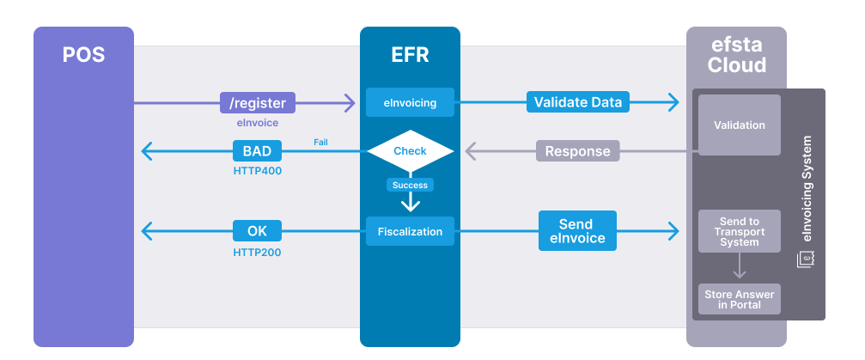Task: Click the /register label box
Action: [258, 103]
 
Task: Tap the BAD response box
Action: [257, 151]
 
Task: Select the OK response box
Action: [257, 230]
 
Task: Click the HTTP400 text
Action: [257, 171]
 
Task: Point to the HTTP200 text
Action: [257, 253]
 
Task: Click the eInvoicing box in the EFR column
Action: [410, 103]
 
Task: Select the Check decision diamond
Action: [410, 151]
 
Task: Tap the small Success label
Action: [410, 185]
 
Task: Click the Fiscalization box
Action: [410, 231]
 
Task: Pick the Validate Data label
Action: [577, 102]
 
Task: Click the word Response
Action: [577, 151]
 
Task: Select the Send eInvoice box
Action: [577, 230]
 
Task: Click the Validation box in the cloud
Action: [739, 125]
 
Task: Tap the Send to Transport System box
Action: [739, 231]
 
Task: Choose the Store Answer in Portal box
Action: [739, 299]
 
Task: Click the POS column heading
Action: [83, 55]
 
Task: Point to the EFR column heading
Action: [410, 55]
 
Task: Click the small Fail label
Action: [320, 142]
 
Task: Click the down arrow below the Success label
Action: [411, 203]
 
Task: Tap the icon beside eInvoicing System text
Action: [806, 259]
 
